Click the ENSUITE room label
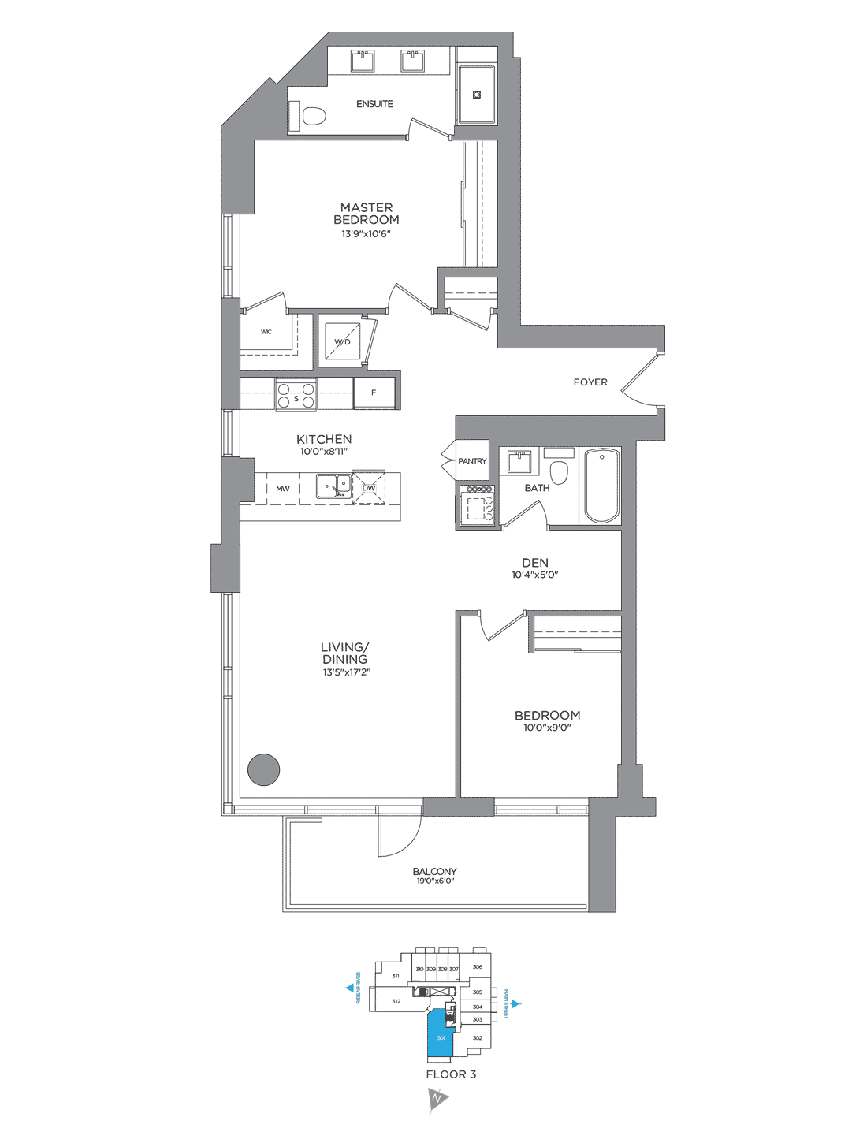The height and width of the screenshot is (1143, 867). pyautogui.click(x=374, y=104)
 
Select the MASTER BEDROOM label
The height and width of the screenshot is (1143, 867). pyautogui.click(x=367, y=214)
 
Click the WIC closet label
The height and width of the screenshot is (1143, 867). pyautogui.click(x=266, y=332)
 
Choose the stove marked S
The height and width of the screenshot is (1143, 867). pyautogui.click(x=296, y=394)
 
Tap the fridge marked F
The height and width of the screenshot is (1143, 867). pyautogui.click(x=374, y=393)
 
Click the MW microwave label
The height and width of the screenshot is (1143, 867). pyautogui.click(x=282, y=489)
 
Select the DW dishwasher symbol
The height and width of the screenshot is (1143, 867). pyautogui.click(x=369, y=488)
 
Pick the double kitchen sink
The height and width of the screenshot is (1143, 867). pyautogui.click(x=334, y=486)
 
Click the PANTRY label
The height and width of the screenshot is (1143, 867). pyautogui.click(x=472, y=461)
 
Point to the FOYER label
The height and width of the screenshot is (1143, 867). pyautogui.click(x=590, y=382)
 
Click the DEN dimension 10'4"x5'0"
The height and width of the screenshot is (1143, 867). pyautogui.click(x=535, y=575)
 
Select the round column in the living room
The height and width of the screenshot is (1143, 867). pyautogui.click(x=264, y=770)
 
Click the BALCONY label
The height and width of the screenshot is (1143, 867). pyautogui.click(x=434, y=871)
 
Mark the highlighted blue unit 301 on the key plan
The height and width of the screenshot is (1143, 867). pyautogui.click(x=440, y=1037)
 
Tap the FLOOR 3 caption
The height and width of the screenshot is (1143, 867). pyautogui.click(x=451, y=1074)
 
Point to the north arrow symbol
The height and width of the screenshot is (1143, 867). pyautogui.click(x=437, y=1098)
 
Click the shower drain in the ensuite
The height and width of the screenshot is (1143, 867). pyautogui.click(x=477, y=95)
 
